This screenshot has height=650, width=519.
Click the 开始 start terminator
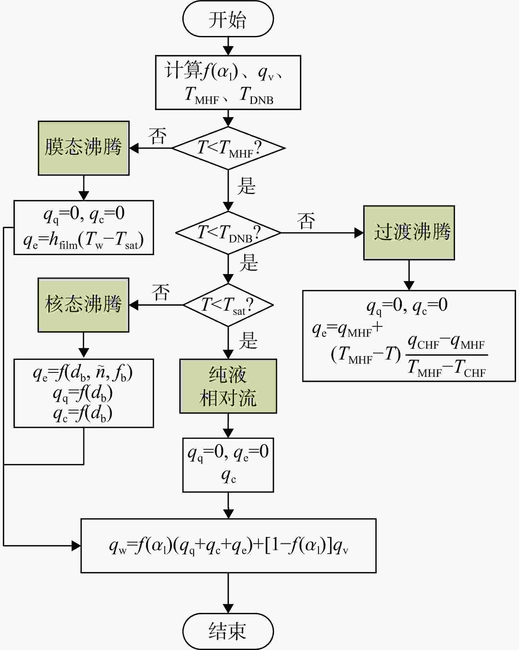tap(228, 19)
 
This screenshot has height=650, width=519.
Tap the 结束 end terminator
tap(228, 631)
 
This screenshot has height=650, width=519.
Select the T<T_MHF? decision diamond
tap(228, 148)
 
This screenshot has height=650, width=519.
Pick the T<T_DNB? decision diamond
tap(228, 232)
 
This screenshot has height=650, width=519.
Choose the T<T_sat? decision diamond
tap(228, 305)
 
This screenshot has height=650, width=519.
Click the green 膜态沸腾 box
tap(83, 148)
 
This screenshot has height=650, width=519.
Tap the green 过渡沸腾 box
tap(409, 232)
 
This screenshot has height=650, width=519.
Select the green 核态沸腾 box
tap(83, 305)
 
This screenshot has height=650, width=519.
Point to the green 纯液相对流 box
tap(228, 386)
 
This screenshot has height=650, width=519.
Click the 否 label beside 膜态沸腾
tap(157, 136)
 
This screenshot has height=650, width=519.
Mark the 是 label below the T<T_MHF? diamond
tap(246, 186)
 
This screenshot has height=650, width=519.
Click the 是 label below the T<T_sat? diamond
tap(248, 341)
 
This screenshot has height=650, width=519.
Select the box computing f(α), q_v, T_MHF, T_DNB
tap(228, 82)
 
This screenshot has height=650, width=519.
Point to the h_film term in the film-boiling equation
tap(63, 241)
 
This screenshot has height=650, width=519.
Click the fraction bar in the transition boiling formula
tap(447, 355)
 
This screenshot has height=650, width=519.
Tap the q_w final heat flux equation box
tap(228, 546)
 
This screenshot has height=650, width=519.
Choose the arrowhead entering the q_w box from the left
tap(76, 546)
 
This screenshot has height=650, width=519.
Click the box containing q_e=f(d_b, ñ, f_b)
tap(83, 393)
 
